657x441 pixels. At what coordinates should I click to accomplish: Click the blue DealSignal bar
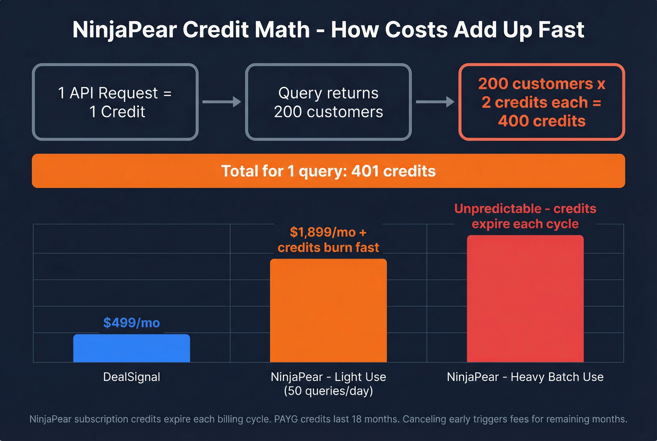(131, 348)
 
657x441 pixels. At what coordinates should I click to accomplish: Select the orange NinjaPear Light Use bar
(328, 310)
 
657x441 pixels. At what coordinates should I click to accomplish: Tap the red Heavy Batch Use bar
(525, 299)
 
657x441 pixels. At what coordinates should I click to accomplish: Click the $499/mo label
(131, 323)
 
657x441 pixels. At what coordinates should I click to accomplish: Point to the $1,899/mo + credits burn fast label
(328, 240)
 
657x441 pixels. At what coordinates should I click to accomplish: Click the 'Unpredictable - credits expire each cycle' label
(525, 216)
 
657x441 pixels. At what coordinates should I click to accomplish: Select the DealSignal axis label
(131, 377)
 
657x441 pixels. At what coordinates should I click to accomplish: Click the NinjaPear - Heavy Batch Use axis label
(525, 377)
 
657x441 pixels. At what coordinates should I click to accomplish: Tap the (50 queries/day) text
(328, 391)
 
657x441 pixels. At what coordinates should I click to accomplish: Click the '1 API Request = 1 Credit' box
(115, 102)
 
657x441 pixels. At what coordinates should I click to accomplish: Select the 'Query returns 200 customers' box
(328, 102)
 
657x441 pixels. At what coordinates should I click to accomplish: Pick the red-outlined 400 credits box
(542, 102)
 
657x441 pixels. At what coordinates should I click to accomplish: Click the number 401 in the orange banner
(365, 171)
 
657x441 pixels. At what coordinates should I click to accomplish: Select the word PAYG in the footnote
(287, 419)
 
